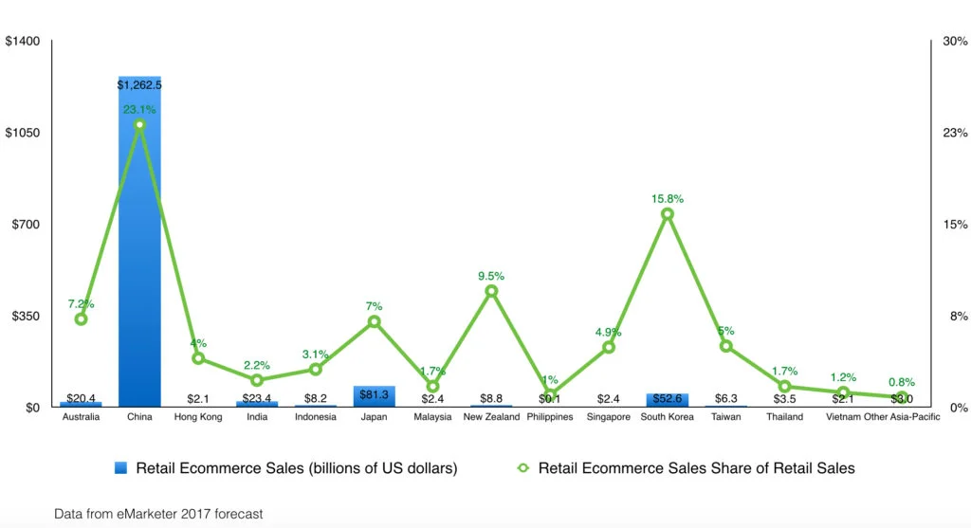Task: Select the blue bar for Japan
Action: point(374,396)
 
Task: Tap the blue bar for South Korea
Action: point(668,400)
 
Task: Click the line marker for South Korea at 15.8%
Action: point(668,214)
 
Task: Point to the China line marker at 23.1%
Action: point(139,125)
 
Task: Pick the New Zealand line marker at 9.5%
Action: point(491,291)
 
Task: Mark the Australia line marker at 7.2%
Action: point(81,319)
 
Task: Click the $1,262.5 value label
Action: point(139,85)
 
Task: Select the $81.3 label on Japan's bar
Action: point(374,392)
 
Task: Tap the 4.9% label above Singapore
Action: point(609,332)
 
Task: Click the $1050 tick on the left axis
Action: point(22,133)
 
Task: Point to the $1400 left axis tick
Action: point(22,42)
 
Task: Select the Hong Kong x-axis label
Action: point(198,417)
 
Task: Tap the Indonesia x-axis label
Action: point(316,417)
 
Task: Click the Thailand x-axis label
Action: point(784,417)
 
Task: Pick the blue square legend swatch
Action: point(120,468)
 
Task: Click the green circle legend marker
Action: point(523,468)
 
